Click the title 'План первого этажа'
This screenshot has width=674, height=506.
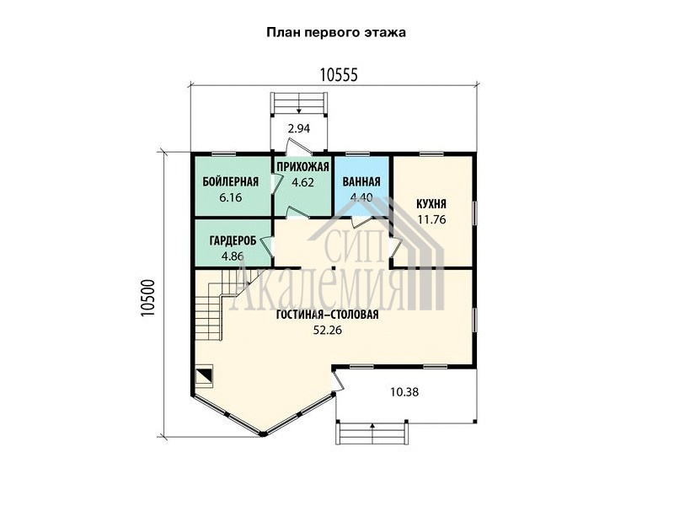pyautogui.click(x=336, y=33)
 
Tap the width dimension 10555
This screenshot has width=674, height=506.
pyautogui.click(x=339, y=75)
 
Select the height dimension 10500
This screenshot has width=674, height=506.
pyautogui.click(x=147, y=298)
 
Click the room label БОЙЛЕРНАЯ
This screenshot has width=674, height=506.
pyautogui.click(x=231, y=181)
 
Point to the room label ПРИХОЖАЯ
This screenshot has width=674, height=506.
pyautogui.click(x=302, y=167)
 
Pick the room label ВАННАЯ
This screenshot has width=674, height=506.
pyautogui.click(x=361, y=181)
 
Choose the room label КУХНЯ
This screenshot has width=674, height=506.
pyautogui.click(x=431, y=203)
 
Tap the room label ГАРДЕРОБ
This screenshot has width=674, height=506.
pyautogui.click(x=233, y=240)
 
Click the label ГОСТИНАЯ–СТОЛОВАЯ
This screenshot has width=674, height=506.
pyautogui.click(x=328, y=315)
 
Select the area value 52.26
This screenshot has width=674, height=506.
pyautogui.click(x=328, y=331)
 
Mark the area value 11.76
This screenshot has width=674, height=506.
pyautogui.click(x=431, y=219)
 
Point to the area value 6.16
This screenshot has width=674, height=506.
pyautogui.click(x=231, y=197)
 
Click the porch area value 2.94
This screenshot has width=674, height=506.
pyautogui.click(x=299, y=128)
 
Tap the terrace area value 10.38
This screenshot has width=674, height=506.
pyautogui.click(x=404, y=392)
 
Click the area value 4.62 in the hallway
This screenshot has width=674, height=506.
pyautogui.click(x=302, y=182)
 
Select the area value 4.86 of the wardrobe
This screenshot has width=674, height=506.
pyautogui.click(x=233, y=256)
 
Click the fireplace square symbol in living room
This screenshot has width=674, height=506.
pyautogui.click(x=204, y=375)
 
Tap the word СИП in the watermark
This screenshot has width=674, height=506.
pyautogui.click(x=353, y=245)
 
